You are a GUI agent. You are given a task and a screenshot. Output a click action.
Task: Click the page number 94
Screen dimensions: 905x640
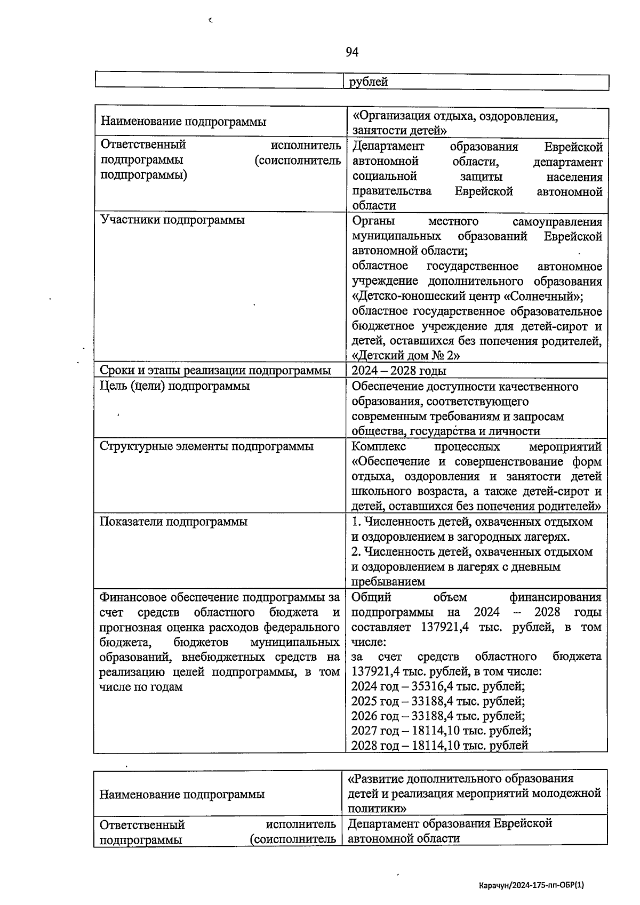pyautogui.click(x=352, y=52)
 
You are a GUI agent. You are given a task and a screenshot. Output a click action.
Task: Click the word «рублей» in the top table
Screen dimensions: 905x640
pyautogui.click(x=369, y=82)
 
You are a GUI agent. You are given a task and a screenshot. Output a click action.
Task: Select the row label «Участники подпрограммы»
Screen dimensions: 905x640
pyautogui.click(x=173, y=220)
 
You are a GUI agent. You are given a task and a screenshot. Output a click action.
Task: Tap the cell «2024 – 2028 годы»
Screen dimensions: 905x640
pyautogui.click(x=399, y=371)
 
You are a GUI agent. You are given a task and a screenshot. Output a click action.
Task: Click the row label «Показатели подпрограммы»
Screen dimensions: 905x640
pyautogui.click(x=173, y=522)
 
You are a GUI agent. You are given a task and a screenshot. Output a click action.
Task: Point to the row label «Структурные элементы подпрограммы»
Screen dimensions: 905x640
pyautogui.click(x=206, y=446)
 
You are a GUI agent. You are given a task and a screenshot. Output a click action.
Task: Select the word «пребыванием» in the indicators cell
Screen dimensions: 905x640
pyautogui.click(x=388, y=582)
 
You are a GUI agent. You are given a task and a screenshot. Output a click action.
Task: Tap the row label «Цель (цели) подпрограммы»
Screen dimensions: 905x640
pyautogui.click(x=175, y=386)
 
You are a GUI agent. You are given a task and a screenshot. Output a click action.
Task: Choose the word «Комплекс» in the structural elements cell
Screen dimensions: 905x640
pyautogui.click(x=379, y=446)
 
